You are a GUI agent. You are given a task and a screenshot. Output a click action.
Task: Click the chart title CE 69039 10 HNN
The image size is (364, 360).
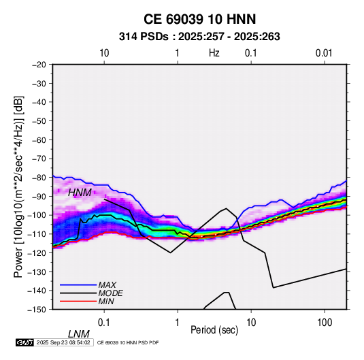pyautogui.click(x=199, y=19)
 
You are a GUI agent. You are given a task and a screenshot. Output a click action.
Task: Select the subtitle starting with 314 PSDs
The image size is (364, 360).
pyautogui.click(x=199, y=37)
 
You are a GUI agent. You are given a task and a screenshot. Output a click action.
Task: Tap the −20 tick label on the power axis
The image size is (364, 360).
pyautogui.click(x=39, y=65)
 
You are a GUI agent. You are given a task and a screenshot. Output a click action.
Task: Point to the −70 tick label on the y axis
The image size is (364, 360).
pyautogui.click(x=39, y=159)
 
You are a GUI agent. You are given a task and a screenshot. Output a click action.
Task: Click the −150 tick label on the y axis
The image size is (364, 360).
pyautogui.click(x=37, y=310)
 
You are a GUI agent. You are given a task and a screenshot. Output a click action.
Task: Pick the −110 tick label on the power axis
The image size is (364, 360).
pyautogui.click(x=37, y=234)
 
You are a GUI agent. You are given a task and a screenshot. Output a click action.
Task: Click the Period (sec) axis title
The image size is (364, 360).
pyautogui.click(x=214, y=330)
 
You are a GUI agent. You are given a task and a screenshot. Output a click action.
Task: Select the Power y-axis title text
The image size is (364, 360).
pyautogui.click(x=18, y=186)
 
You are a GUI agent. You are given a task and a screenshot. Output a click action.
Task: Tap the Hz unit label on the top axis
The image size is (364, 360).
pyautogui.click(x=214, y=53)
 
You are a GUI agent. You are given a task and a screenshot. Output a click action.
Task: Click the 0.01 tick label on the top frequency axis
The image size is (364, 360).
pyautogui.click(x=324, y=53)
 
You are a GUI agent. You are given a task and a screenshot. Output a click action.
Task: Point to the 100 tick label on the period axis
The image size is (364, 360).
pyautogui.click(x=325, y=323)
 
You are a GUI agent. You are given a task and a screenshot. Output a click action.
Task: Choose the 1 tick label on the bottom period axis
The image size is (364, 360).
pyautogui.click(x=178, y=323)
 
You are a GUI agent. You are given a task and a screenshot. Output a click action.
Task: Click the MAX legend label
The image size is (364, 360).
pyautogui.click(x=107, y=284)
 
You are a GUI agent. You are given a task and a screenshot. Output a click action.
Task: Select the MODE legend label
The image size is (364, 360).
pyautogui.click(x=110, y=293)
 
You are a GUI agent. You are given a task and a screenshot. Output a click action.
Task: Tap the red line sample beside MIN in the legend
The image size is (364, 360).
pyautogui.click(x=78, y=301)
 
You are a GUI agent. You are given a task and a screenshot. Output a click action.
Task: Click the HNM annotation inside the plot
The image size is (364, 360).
pyautogui.click(x=80, y=193)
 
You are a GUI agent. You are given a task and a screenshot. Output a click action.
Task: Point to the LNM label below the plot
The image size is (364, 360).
pyautogui.click(x=79, y=334)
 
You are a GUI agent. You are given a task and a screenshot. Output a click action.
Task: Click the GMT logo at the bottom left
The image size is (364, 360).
pyautogui.click(x=24, y=342)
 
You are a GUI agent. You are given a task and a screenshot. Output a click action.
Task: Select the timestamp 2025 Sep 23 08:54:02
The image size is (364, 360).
pyautogui.click(x=63, y=342)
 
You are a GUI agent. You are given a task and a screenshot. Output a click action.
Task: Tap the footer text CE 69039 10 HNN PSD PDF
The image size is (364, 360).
pyautogui.click(x=128, y=343)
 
